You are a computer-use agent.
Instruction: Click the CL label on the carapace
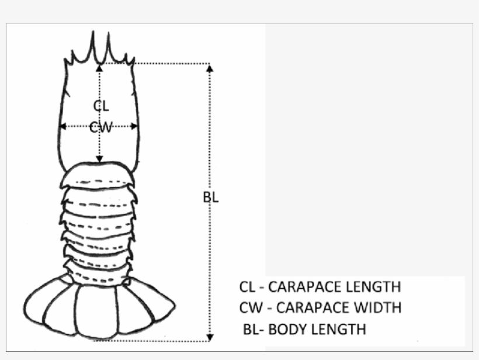click(101, 105)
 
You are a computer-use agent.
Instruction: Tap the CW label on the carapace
click(100, 126)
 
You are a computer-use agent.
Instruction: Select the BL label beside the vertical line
click(210, 197)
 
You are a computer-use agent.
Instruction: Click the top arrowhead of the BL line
click(210, 67)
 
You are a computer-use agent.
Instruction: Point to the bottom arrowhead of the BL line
click(210, 337)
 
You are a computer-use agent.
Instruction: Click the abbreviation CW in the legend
click(250, 307)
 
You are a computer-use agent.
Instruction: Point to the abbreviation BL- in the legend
click(254, 328)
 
